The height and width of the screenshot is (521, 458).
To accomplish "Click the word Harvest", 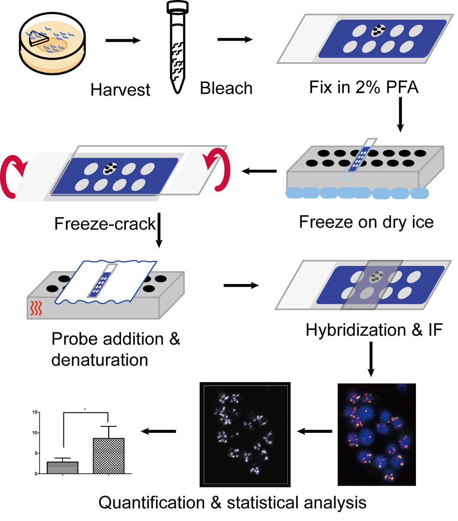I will [120, 90].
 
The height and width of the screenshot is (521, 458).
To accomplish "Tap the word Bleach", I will [226, 88].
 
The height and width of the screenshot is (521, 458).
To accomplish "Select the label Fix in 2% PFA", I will [364, 87].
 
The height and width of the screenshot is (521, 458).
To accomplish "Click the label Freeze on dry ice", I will [366, 222].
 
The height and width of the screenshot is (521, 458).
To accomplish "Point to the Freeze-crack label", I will [105, 224].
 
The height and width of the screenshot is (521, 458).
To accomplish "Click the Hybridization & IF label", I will [374, 330].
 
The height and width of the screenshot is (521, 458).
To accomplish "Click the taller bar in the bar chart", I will [109, 456].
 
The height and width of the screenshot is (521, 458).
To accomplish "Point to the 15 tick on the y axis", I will [34, 412].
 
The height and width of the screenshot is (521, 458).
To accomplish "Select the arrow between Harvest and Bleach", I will [123, 41].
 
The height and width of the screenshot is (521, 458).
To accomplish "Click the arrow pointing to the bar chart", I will [159, 431].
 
